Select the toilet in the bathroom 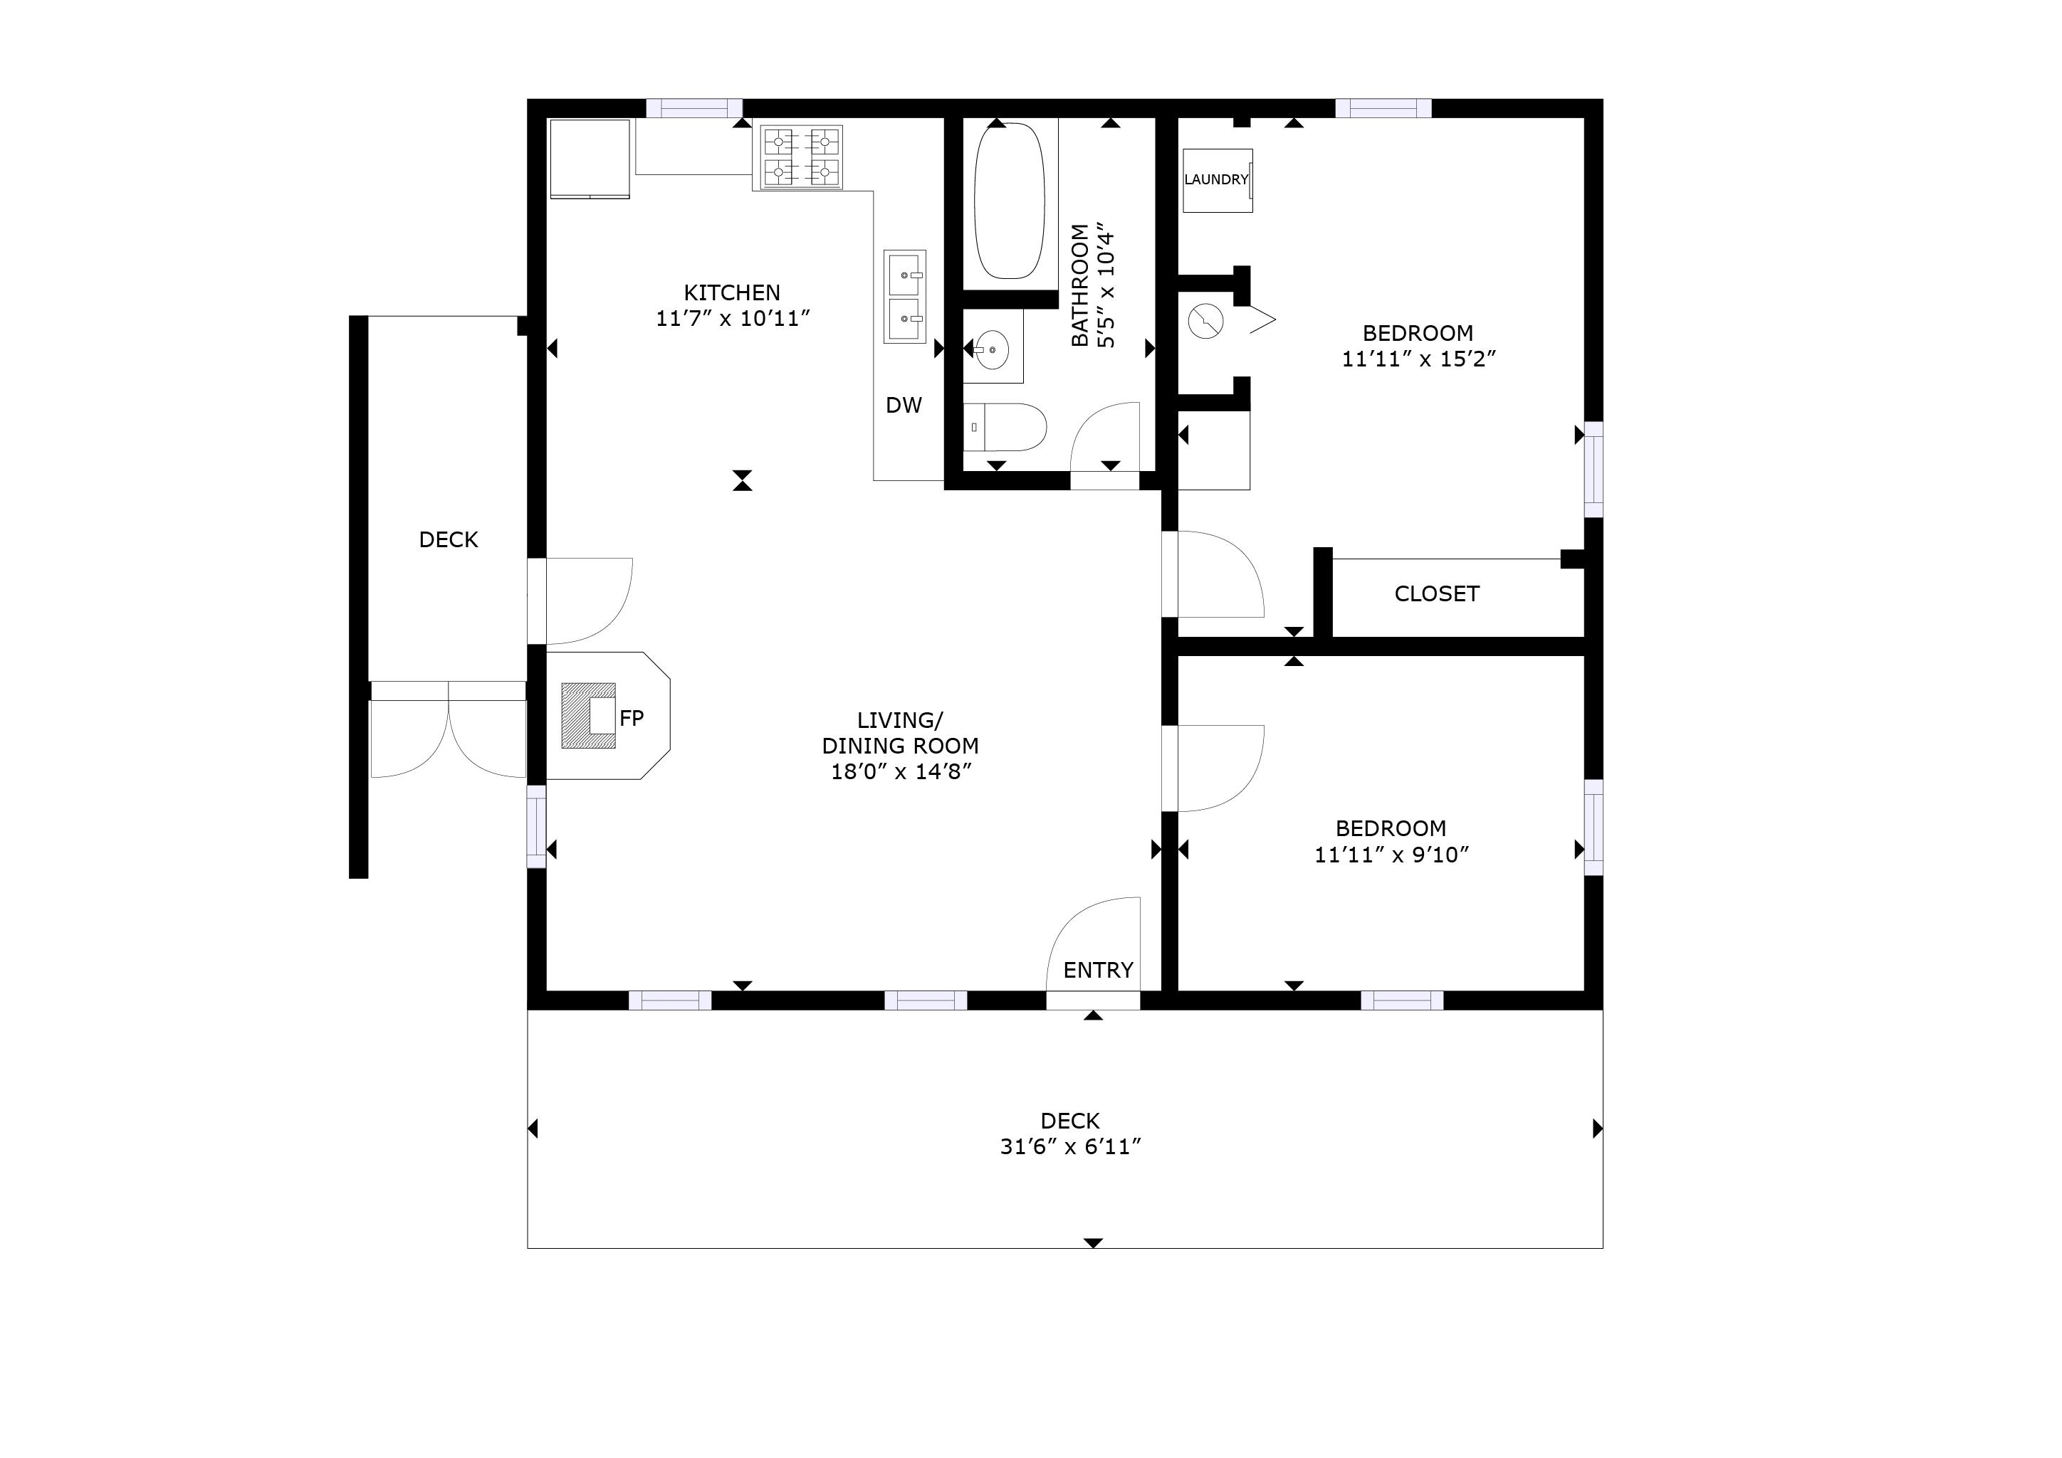[x=1006, y=428]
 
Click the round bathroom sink [x=992, y=349]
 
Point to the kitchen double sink [x=904, y=296]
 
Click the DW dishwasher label [x=904, y=405]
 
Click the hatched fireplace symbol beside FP [x=588, y=716]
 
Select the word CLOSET [x=1436, y=593]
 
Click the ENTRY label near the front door [x=1097, y=970]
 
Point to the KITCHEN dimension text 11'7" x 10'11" [x=733, y=319]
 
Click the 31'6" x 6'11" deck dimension [x=1070, y=1146]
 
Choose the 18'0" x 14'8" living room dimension [x=901, y=771]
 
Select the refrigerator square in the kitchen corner [x=589, y=158]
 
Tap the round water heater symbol [x=1205, y=320]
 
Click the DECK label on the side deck [x=448, y=539]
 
